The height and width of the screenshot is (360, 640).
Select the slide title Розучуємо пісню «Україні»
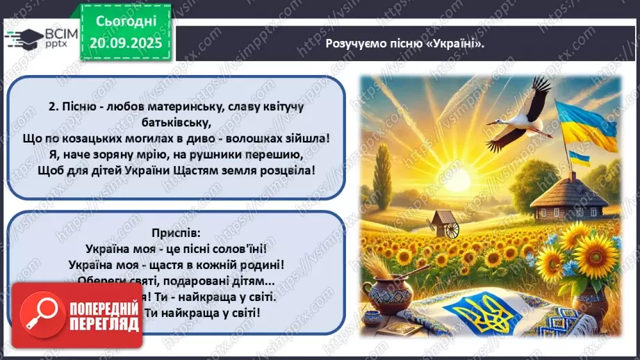pos(404,42)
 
